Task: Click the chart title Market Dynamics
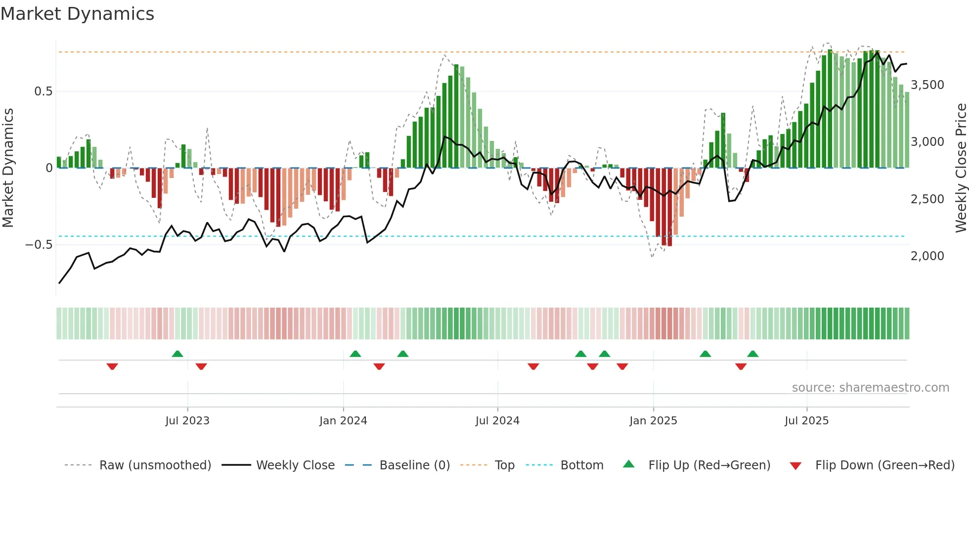pyautogui.click(x=77, y=14)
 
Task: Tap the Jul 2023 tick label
pyautogui.click(x=187, y=421)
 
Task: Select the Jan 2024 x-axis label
pyautogui.click(x=343, y=421)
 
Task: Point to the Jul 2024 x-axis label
pyautogui.click(x=497, y=421)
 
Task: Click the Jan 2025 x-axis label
pyautogui.click(x=653, y=421)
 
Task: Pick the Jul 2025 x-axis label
pyautogui.click(x=806, y=421)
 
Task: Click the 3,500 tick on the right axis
pyautogui.click(x=927, y=85)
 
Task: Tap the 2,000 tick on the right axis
pyautogui.click(x=927, y=256)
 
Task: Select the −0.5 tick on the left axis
pyautogui.click(x=39, y=245)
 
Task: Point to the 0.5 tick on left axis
pyautogui.click(x=43, y=91)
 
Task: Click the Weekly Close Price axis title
pyautogui.click(x=961, y=168)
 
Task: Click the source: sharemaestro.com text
pyautogui.click(x=870, y=388)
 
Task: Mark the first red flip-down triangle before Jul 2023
pyautogui.click(x=112, y=366)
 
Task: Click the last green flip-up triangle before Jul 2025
pyautogui.click(x=752, y=354)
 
